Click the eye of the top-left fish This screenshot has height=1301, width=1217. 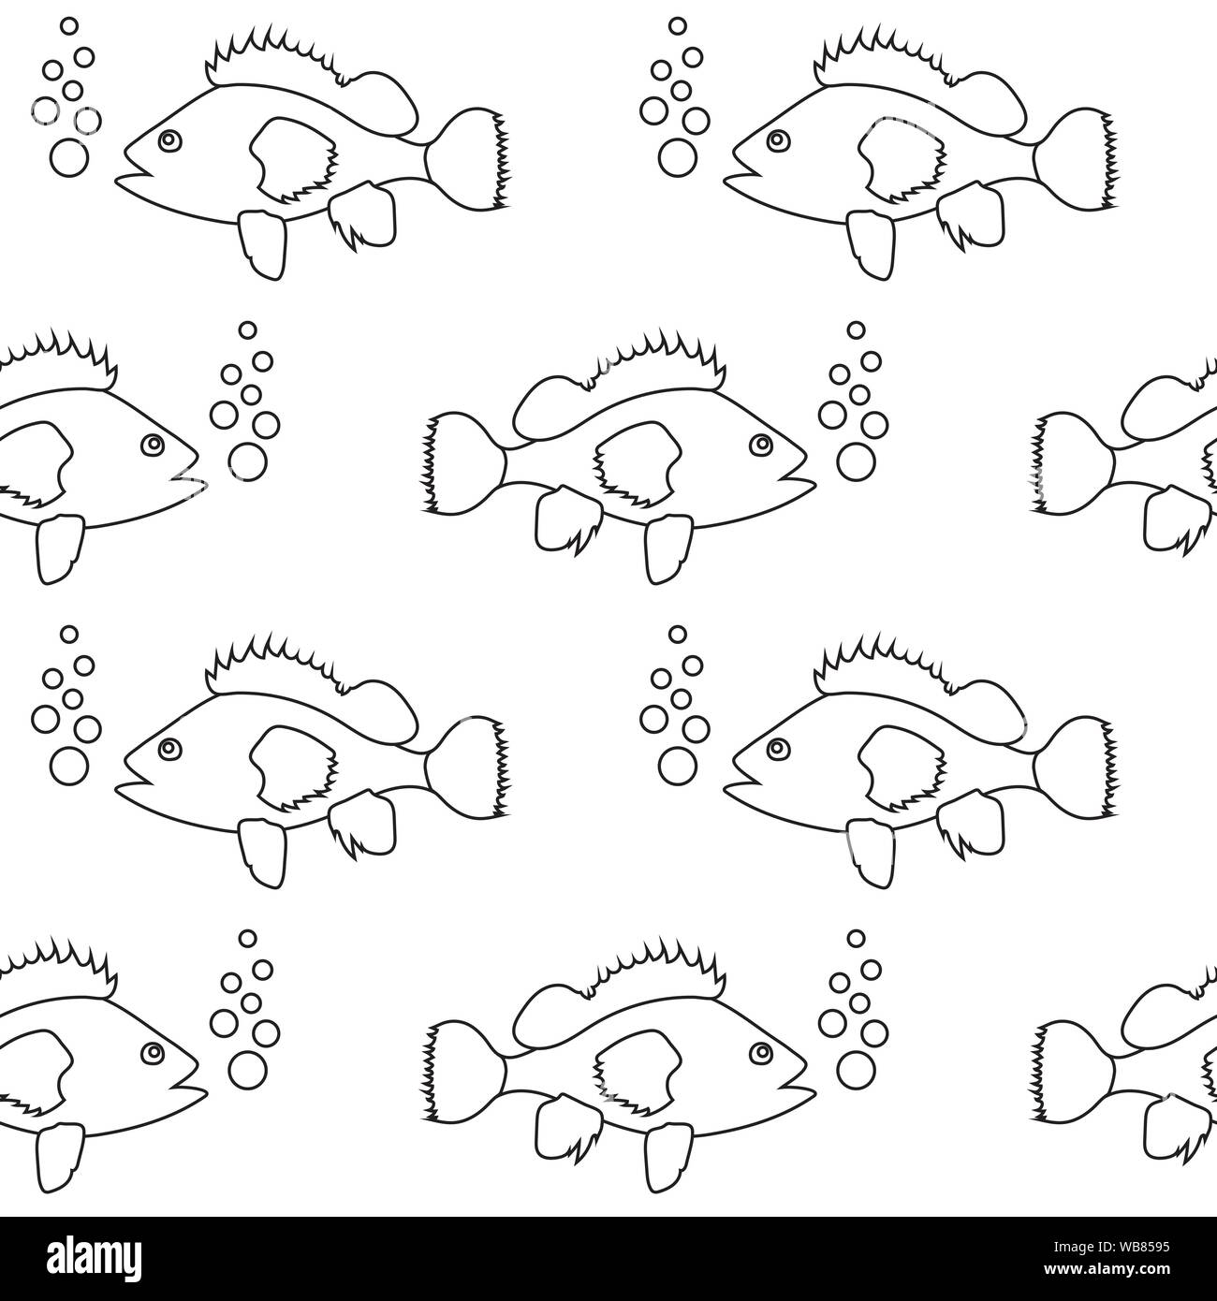click(x=169, y=140)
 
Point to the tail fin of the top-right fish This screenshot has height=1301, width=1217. click(x=1076, y=159)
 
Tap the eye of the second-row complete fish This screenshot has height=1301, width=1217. click(x=761, y=445)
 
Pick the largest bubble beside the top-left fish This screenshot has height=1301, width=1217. click(x=69, y=158)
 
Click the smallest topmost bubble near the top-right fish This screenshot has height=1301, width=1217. click(x=677, y=26)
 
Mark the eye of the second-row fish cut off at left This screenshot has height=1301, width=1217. click(x=153, y=445)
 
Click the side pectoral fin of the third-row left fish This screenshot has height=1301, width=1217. click(x=292, y=767)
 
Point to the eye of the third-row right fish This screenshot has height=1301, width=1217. click(x=778, y=748)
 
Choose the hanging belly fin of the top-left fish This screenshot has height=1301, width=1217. click(x=263, y=244)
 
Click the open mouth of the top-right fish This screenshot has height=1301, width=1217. click(x=747, y=168)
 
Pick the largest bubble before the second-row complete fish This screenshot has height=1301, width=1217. click(x=856, y=461)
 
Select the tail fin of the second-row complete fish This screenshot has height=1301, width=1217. click(x=463, y=463)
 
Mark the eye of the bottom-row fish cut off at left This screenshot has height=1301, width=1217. click(x=153, y=1053)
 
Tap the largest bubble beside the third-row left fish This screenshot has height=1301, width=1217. click(x=69, y=766)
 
